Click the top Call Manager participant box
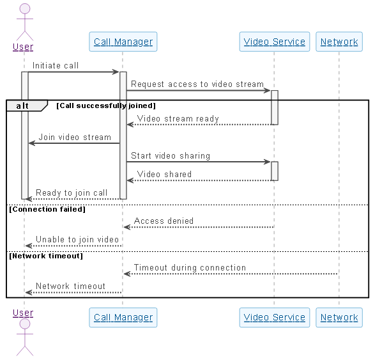click(123, 42)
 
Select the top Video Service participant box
click(275, 42)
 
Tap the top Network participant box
click(339, 42)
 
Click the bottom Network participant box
click(339, 317)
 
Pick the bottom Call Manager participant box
click(123, 317)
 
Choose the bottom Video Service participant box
click(275, 317)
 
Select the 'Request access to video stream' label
click(197, 84)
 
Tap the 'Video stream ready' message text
click(178, 118)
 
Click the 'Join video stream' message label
click(75, 137)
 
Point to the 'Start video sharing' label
click(171, 155)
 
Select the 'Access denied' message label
click(164, 221)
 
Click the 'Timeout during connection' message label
click(190, 267)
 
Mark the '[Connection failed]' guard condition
click(47, 209)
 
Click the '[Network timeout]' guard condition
click(46, 256)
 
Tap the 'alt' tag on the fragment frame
click(22, 106)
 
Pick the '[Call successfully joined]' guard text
click(106, 105)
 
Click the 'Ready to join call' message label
click(72, 192)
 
